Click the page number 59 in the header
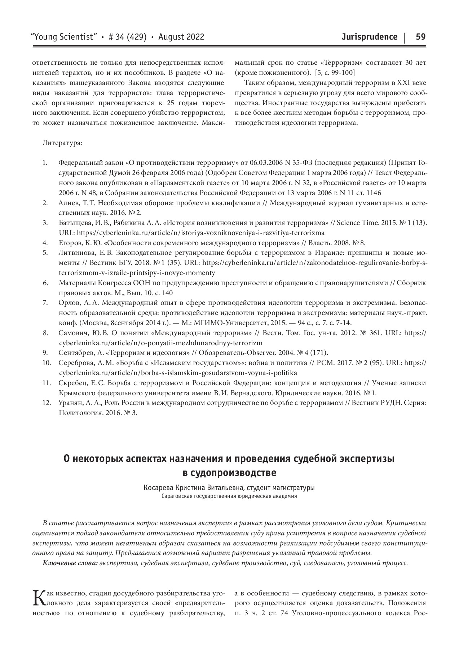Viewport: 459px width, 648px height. point(421,37)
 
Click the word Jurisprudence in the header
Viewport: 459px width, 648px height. point(370,37)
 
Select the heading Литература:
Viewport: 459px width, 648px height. point(62,143)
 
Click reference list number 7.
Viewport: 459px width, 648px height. point(45,302)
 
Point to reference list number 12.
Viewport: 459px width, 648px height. point(47,402)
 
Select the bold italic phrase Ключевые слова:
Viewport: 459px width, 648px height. point(70,563)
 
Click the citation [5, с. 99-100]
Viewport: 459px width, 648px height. point(335,73)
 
